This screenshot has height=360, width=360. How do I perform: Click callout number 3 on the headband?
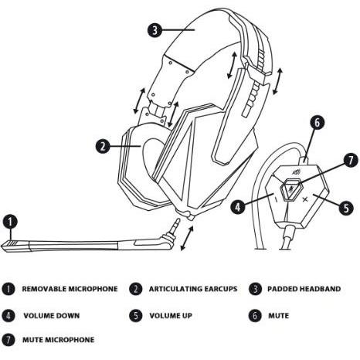[155, 30]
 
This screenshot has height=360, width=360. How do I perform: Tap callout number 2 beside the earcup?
[103, 146]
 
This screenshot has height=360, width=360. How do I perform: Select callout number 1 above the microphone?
[10, 222]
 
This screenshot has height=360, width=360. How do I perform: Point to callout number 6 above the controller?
[317, 123]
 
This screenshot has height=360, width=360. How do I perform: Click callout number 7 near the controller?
[351, 160]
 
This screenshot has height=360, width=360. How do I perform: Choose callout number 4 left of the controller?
[238, 207]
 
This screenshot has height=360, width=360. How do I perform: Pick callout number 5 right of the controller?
[346, 208]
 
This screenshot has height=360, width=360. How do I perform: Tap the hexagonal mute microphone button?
[290, 190]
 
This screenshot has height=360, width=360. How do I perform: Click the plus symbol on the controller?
[305, 199]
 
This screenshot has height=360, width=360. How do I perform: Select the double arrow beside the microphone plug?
[187, 238]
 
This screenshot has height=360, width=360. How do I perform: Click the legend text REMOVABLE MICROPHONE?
[70, 289]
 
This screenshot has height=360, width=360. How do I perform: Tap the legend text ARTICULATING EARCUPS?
[193, 289]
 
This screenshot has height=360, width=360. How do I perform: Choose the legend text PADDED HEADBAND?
[304, 289]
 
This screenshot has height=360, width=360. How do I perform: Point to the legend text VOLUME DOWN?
[52, 315]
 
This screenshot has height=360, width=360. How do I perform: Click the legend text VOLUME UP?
[171, 315]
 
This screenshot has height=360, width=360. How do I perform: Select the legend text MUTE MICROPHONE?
[59, 340]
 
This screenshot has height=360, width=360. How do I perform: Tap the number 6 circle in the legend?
[255, 315]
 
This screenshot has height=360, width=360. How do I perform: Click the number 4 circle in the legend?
[8, 315]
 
